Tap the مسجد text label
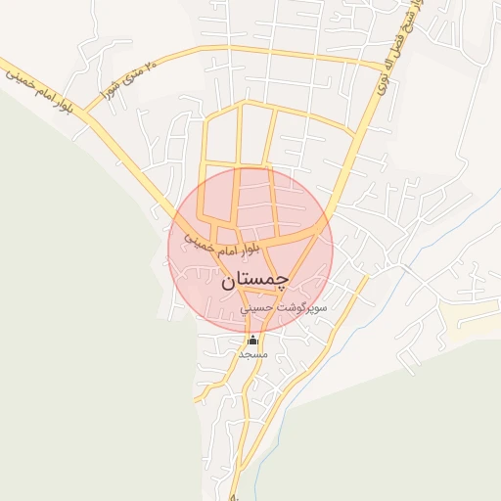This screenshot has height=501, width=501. pyautogui.click(x=252, y=353)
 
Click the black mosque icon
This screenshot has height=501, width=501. pyautogui.click(x=253, y=340)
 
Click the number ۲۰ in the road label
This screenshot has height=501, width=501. pyautogui.click(x=150, y=67)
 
